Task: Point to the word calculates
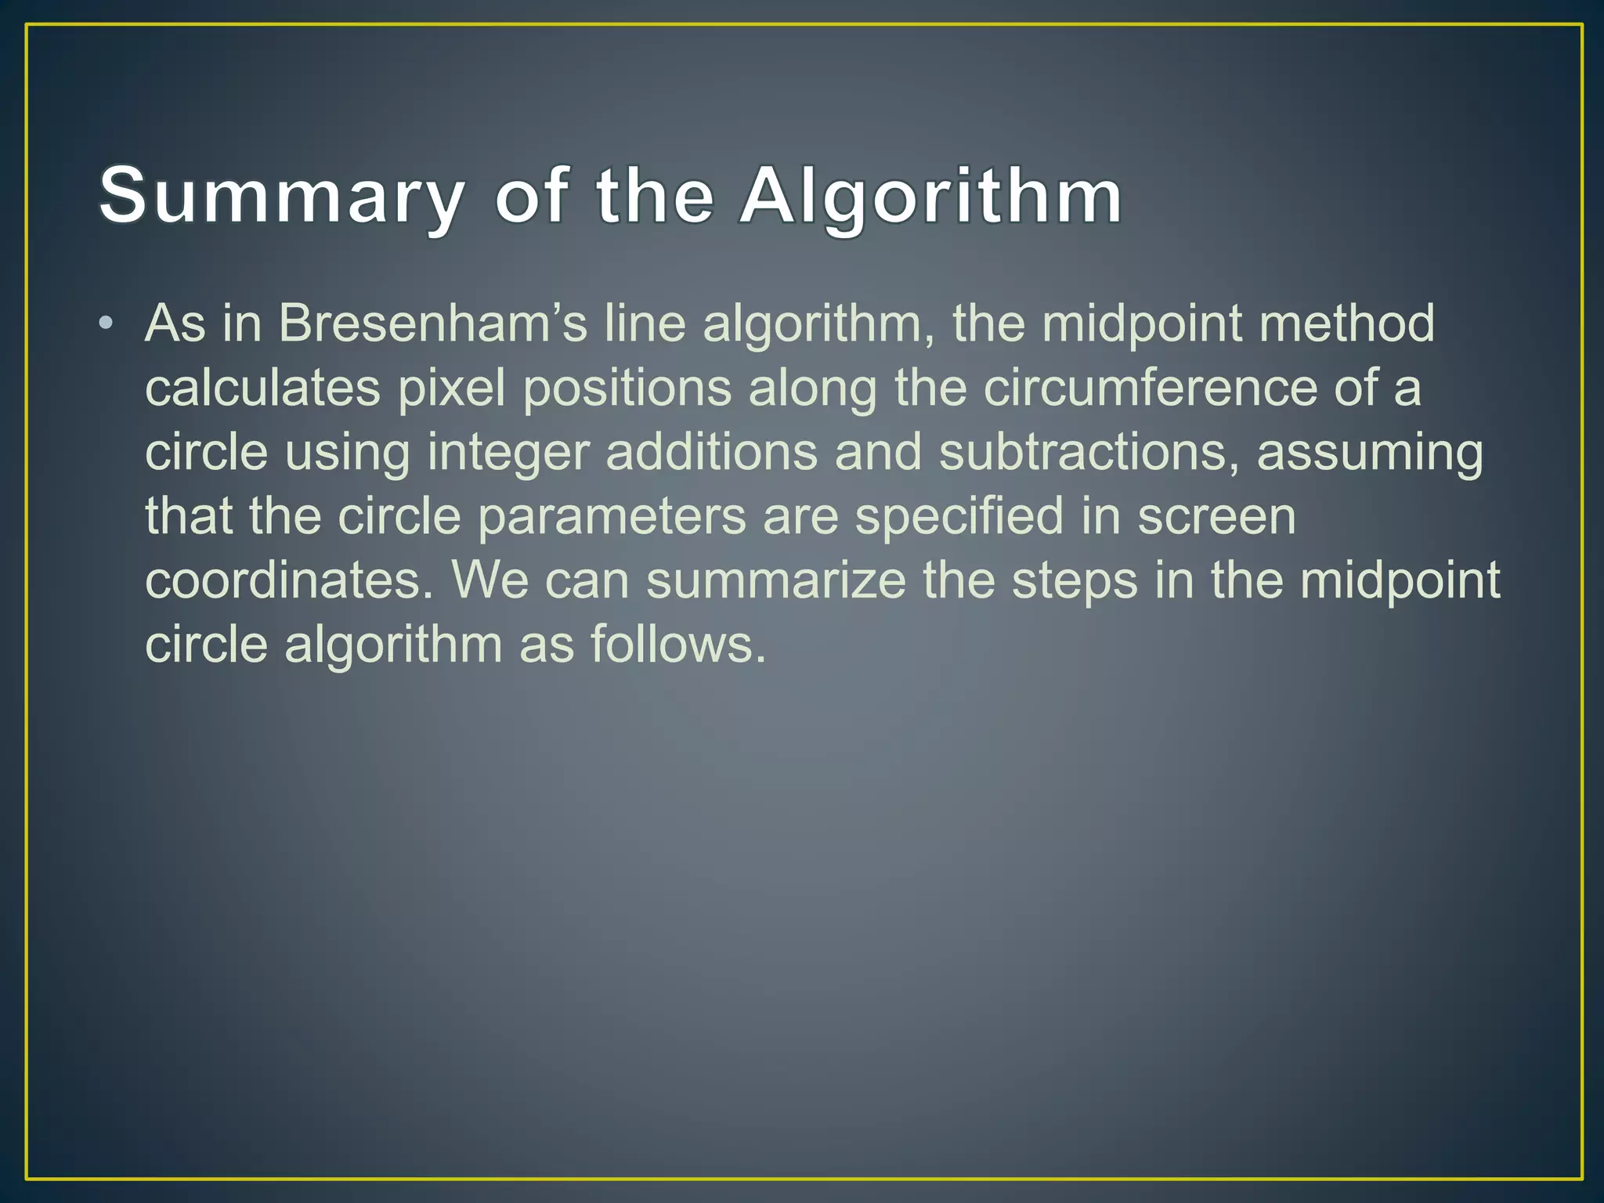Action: coord(262,388)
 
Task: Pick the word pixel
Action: coord(452,388)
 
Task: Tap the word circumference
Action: coord(1151,388)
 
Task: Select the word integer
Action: coord(508,453)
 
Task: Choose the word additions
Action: coord(711,452)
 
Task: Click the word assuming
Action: coord(1370,453)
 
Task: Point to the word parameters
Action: coord(612,518)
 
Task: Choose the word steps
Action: coord(1075,582)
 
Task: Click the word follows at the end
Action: coord(677,645)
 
